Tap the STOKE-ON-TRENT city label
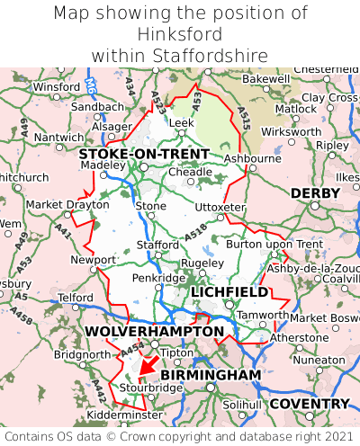click(x=144, y=154)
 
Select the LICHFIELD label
click(x=229, y=292)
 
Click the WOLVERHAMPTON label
click(x=154, y=332)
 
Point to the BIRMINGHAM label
click(x=211, y=374)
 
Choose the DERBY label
click(x=315, y=193)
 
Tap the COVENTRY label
click(x=309, y=403)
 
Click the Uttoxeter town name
click(x=220, y=207)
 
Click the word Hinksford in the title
click(x=180, y=34)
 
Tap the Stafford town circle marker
click(x=157, y=254)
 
